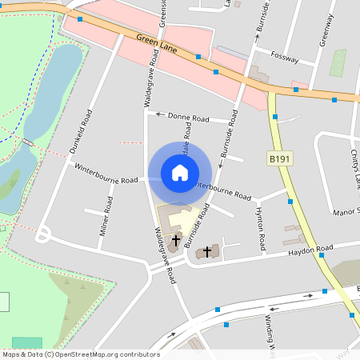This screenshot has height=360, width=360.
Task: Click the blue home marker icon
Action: [180, 172]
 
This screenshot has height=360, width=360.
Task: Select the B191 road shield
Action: [280, 159]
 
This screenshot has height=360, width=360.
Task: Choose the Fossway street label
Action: [285, 58]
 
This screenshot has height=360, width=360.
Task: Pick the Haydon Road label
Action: [311, 250]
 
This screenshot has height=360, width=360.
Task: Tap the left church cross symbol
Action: [175, 240]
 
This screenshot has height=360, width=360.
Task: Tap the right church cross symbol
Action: [207, 251]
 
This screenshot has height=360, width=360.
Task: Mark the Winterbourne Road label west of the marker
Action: [106, 174]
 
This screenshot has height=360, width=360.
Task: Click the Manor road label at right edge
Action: [346, 211]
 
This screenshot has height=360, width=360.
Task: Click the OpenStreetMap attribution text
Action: [80, 354]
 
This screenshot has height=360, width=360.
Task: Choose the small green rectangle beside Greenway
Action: [338, 62]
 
